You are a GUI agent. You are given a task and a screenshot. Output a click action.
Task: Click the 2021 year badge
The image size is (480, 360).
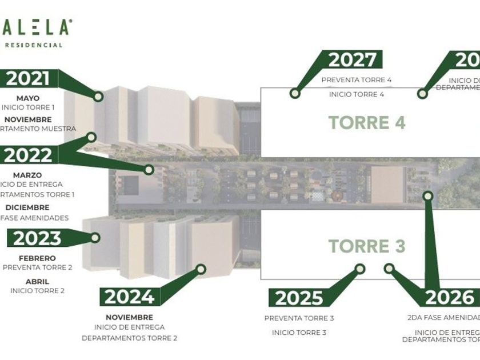pyautogui.click(x=27, y=78)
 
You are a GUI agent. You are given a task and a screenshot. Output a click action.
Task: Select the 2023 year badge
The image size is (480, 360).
pyautogui.click(x=37, y=238)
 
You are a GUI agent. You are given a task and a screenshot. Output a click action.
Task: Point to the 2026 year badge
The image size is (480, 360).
pyautogui.click(x=450, y=297)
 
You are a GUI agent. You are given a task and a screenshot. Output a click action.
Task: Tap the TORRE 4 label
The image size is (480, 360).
pyautogui.click(x=366, y=122)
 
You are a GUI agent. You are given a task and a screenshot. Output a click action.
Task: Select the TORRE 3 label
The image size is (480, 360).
pyautogui.click(x=366, y=246)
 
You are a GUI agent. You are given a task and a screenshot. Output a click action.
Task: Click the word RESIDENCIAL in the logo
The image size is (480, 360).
pyautogui.click(x=34, y=45)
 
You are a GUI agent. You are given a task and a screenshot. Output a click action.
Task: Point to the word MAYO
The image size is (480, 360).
pyautogui.click(x=28, y=98)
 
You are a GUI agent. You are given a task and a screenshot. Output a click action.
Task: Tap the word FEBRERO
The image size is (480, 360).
pyautogui.click(x=37, y=258)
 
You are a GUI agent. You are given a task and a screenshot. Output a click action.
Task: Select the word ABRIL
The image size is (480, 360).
pyautogui.click(x=37, y=281)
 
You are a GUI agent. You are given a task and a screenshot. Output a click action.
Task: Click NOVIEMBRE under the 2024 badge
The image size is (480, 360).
pyautogui.click(x=129, y=317)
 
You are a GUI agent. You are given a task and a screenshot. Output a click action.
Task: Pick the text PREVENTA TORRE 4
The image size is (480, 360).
pyautogui.click(x=357, y=80)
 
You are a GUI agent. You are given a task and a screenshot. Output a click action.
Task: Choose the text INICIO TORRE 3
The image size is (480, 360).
pyautogui.click(x=299, y=333)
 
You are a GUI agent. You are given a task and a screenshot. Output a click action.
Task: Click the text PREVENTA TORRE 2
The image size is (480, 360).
pyautogui.click(x=37, y=267)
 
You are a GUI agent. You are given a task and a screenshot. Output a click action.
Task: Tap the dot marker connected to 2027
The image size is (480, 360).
pyautogui.click(x=295, y=93)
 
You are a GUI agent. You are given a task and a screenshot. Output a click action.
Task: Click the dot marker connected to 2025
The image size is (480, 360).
pyautogui.click(x=359, y=267)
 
